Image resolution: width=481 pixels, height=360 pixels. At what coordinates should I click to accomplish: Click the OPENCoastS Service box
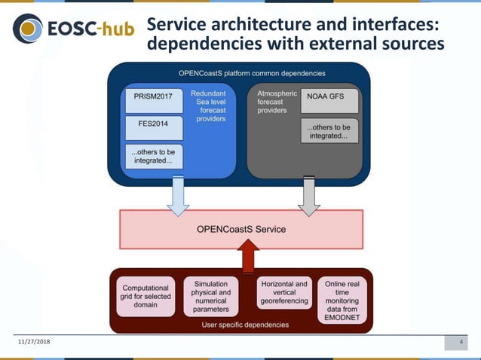coord(241,229)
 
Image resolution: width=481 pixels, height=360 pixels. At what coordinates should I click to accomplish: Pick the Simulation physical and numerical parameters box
coord(211,297)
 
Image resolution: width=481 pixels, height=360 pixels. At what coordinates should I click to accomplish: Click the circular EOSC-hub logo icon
coord(29,29)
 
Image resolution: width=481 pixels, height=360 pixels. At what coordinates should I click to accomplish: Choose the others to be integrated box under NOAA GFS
coord(329,132)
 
